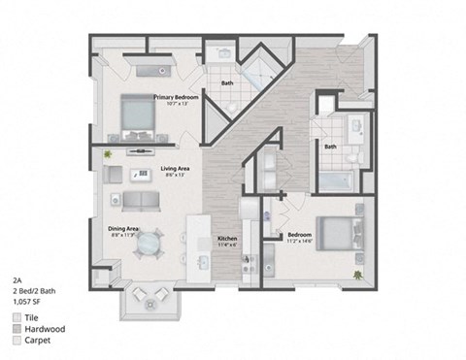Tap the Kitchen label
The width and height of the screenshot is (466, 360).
click(226, 238)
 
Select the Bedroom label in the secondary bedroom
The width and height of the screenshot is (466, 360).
click(298, 235)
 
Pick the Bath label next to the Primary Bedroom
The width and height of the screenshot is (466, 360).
click(227, 83)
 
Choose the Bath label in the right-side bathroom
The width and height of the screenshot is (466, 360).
click(330, 147)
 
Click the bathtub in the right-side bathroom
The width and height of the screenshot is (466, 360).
click(338, 180)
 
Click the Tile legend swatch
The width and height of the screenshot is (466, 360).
click(18, 317)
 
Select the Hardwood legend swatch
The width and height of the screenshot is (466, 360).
click(18, 330)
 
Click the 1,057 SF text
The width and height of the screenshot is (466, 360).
click(26, 301)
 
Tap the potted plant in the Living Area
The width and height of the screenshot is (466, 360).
click(109, 153)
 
